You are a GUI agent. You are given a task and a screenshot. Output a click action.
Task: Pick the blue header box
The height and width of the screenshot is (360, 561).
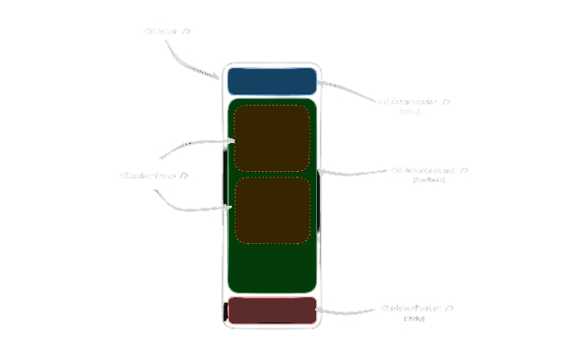(x=272, y=80)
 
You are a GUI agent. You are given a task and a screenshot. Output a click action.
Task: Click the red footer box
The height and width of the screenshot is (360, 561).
(x=272, y=310)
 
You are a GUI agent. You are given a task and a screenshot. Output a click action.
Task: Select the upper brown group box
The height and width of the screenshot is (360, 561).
(x=271, y=138)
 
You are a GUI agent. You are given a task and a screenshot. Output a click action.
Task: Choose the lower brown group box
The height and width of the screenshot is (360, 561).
(x=271, y=209)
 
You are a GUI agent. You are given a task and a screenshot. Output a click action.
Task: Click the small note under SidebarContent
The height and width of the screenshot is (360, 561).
(x=429, y=180)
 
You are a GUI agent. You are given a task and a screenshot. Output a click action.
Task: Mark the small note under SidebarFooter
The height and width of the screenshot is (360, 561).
(x=414, y=319)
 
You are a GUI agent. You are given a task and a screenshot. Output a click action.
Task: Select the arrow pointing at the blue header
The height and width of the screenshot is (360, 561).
(x=348, y=89)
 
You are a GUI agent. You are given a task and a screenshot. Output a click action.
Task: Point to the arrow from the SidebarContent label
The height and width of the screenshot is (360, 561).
(x=355, y=172)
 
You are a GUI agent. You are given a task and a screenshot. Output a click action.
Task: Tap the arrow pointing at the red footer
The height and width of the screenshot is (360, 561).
(x=351, y=310)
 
